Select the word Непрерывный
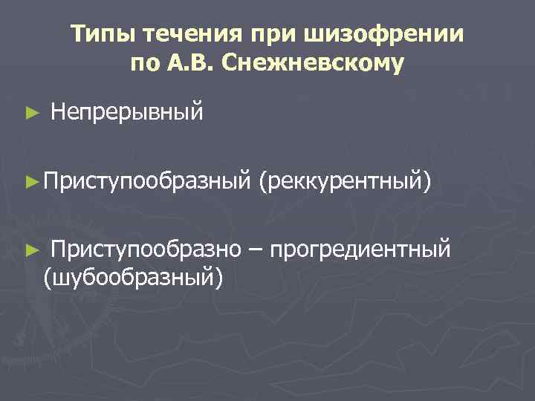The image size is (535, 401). [127, 113]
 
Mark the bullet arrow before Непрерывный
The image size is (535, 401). [30, 114]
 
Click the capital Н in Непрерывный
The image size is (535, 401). [58, 113]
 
